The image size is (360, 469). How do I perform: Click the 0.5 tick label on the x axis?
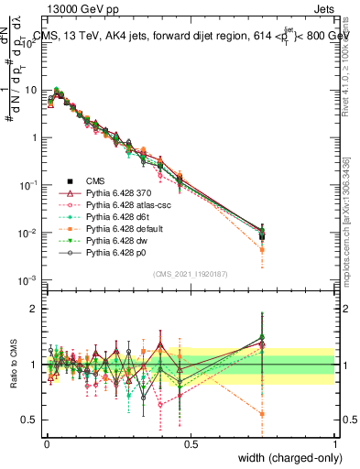(190, 442)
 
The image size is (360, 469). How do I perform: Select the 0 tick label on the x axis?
(46, 442)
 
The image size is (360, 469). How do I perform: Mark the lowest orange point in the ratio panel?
(263, 414)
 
